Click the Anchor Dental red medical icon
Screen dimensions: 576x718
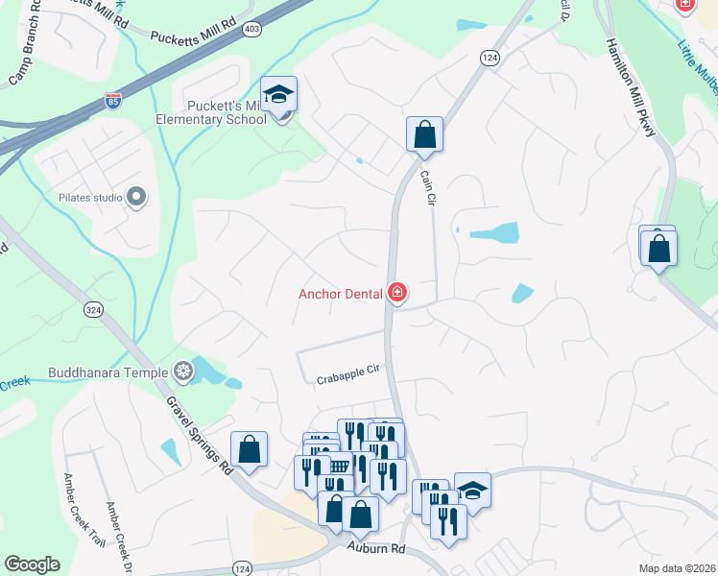point(396,292)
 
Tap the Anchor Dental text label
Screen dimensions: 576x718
point(340,293)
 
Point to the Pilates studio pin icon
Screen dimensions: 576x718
point(135,198)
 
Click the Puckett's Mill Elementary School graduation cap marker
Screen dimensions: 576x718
point(279,95)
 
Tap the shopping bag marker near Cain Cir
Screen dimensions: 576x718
point(424,135)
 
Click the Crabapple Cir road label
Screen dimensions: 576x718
point(348,374)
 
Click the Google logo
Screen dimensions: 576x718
point(32,564)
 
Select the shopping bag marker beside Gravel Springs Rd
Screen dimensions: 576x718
point(249,450)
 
